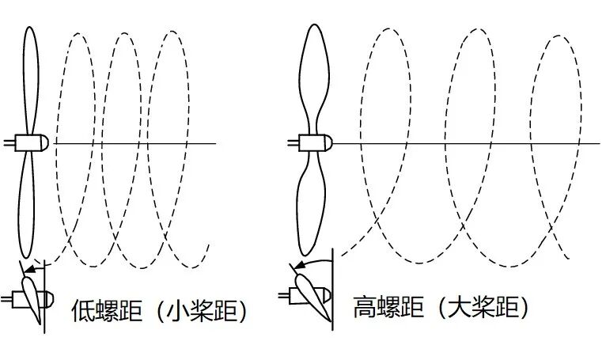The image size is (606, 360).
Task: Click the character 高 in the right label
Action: (x=365, y=307)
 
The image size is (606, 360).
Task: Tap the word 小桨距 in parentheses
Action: (x=203, y=309)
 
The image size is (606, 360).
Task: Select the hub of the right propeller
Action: (x=314, y=143)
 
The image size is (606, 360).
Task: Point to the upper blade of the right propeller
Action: (x=314, y=75)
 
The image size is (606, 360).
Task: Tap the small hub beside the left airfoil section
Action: (x=44, y=299)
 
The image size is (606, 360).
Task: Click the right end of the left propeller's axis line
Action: (x=214, y=142)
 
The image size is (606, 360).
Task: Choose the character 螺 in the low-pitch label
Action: (x=107, y=309)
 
